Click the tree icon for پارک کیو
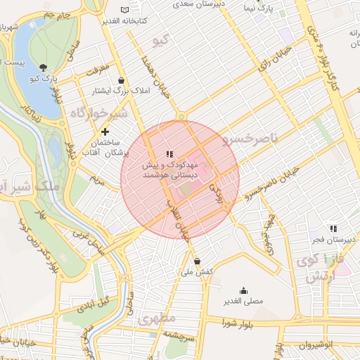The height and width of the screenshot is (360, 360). point(44,68)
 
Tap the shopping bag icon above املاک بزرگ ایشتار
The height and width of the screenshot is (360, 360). point(122,79)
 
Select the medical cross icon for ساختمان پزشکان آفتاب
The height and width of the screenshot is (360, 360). point(105,131)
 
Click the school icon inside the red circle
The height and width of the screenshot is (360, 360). point(169,153)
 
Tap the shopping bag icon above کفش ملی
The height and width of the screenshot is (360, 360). point(196,260)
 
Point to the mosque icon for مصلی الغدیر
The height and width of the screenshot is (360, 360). point(243,290)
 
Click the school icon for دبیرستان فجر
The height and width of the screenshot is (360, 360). point(334,228)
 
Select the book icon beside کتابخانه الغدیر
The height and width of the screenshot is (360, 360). point(125,10)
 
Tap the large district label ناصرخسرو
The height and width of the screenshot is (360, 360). point(246,140)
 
